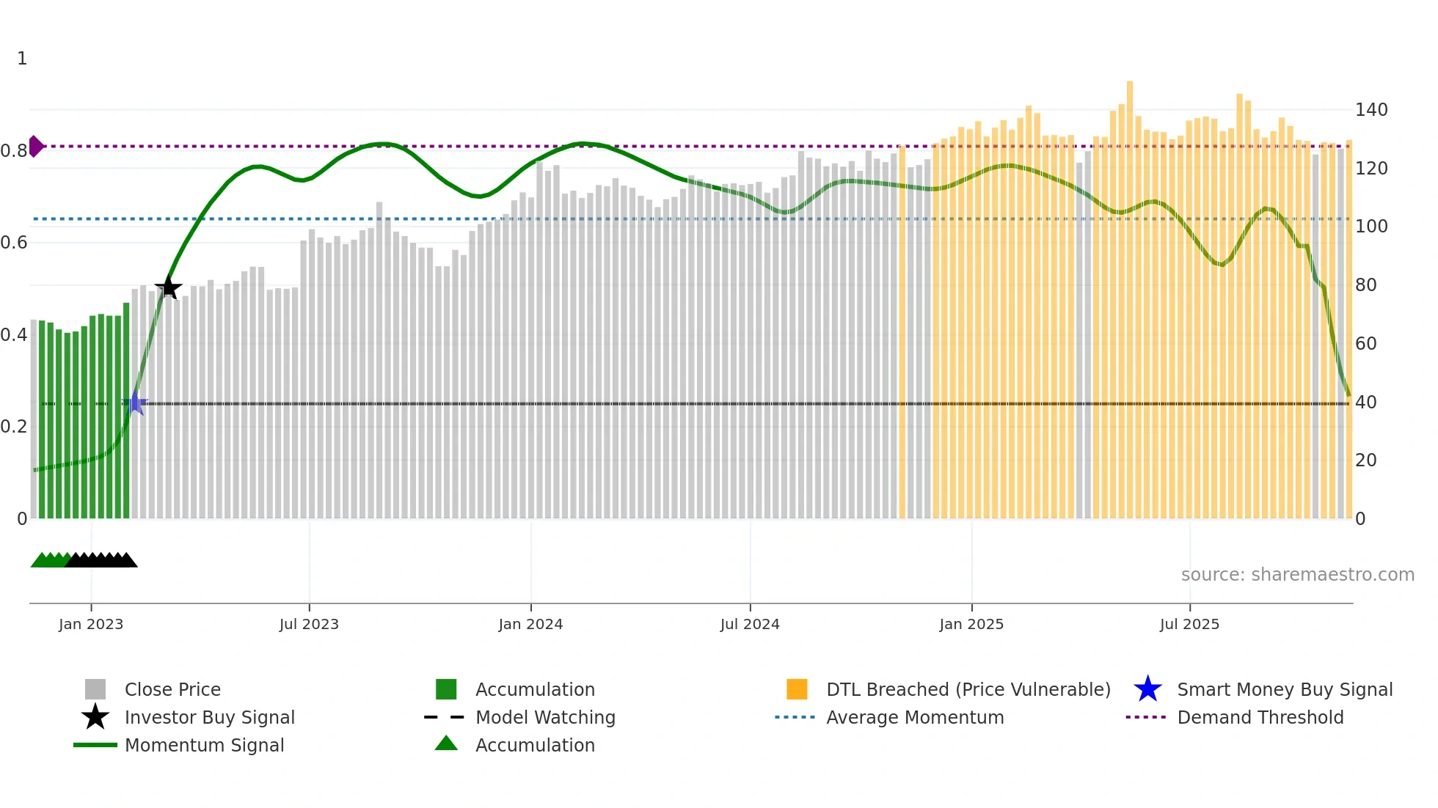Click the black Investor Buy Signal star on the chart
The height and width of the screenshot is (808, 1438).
169,287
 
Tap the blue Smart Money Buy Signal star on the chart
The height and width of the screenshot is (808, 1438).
135,403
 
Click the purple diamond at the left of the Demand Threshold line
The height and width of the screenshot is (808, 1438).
35,147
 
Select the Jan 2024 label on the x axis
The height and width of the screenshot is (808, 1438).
530,624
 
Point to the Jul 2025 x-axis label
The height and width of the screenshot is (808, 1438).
1189,624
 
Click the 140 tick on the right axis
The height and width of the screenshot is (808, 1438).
1371,110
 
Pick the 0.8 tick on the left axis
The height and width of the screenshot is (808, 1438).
14,151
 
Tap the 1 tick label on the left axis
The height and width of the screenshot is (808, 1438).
22,59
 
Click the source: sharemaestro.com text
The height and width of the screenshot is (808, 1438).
1297,575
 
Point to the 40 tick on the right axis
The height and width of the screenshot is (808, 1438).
1365,402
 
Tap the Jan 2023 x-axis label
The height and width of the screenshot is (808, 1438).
91,624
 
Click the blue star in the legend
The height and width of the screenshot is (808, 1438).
1147,689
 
